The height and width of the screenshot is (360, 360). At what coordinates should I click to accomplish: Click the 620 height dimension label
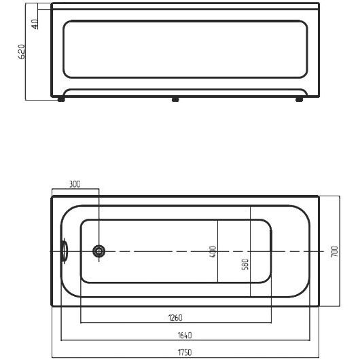point(22,52)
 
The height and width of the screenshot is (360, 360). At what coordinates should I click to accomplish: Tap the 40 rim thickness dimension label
point(35,24)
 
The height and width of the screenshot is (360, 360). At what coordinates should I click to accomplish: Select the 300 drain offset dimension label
point(75,184)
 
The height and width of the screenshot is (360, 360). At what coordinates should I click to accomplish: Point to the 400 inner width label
point(213,251)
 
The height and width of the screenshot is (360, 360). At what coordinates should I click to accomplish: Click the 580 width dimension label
point(245,264)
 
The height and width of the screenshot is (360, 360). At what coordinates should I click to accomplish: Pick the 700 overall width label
point(335,251)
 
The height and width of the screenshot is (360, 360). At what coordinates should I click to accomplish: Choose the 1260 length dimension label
point(175,318)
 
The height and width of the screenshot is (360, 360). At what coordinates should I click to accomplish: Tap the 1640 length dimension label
point(185,335)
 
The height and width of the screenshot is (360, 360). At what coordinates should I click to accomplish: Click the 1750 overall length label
point(185,352)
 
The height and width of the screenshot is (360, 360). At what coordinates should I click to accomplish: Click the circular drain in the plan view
point(99,251)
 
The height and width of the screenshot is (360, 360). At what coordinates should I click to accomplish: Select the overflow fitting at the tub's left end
point(65,251)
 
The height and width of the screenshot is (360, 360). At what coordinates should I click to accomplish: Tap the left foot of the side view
point(61,99)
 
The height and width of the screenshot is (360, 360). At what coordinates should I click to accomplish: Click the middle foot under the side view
point(175,99)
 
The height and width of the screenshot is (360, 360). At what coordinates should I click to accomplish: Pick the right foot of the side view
point(299,99)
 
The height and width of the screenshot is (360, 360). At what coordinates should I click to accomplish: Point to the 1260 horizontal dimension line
point(176,323)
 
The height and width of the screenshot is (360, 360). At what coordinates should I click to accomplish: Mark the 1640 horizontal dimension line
point(185,340)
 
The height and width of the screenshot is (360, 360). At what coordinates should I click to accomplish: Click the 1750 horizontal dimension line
point(185,357)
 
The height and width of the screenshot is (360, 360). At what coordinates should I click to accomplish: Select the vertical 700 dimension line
point(340,251)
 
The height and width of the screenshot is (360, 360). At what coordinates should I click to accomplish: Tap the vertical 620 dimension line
point(26,52)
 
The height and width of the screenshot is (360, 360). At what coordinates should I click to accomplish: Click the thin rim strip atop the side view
point(185,6)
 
